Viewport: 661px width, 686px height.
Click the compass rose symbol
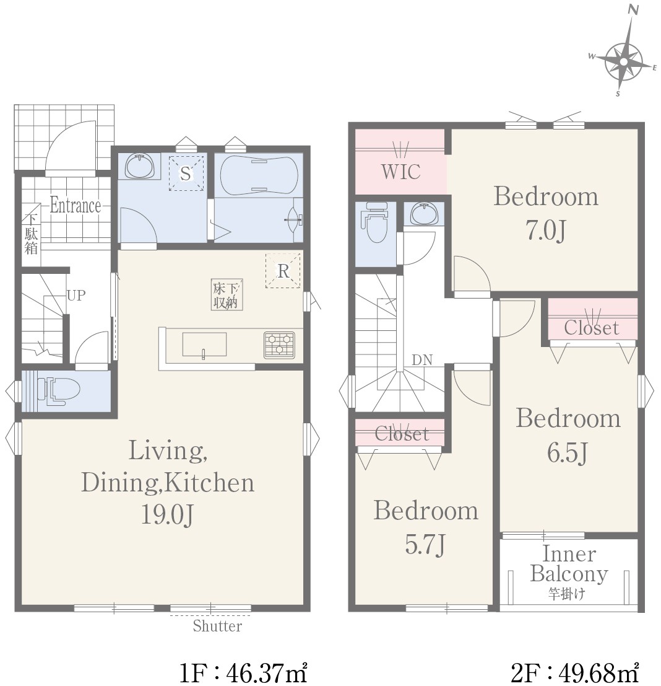(x=623, y=60)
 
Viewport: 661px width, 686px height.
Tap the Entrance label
(x=75, y=205)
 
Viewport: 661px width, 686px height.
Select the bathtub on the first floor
(x=259, y=176)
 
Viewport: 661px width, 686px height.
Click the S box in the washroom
(x=186, y=174)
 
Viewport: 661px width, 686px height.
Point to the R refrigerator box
(x=283, y=270)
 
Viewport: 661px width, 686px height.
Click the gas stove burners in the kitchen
(x=279, y=345)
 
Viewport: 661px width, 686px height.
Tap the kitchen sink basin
(x=204, y=345)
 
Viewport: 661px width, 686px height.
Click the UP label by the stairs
(x=76, y=296)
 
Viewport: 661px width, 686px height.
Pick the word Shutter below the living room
(x=217, y=626)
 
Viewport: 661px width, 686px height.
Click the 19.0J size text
(x=167, y=515)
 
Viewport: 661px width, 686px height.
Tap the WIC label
(x=400, y=172)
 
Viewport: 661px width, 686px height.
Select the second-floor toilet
(x=375, y=222)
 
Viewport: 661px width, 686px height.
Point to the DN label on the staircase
(x=422, y=360)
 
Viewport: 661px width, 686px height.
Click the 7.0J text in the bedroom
(x=546, y=230)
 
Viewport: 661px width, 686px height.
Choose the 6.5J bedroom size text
(x=568, y=453)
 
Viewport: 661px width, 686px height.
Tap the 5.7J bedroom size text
(x=425, y=545)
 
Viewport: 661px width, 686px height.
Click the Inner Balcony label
(x=569, y=564)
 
